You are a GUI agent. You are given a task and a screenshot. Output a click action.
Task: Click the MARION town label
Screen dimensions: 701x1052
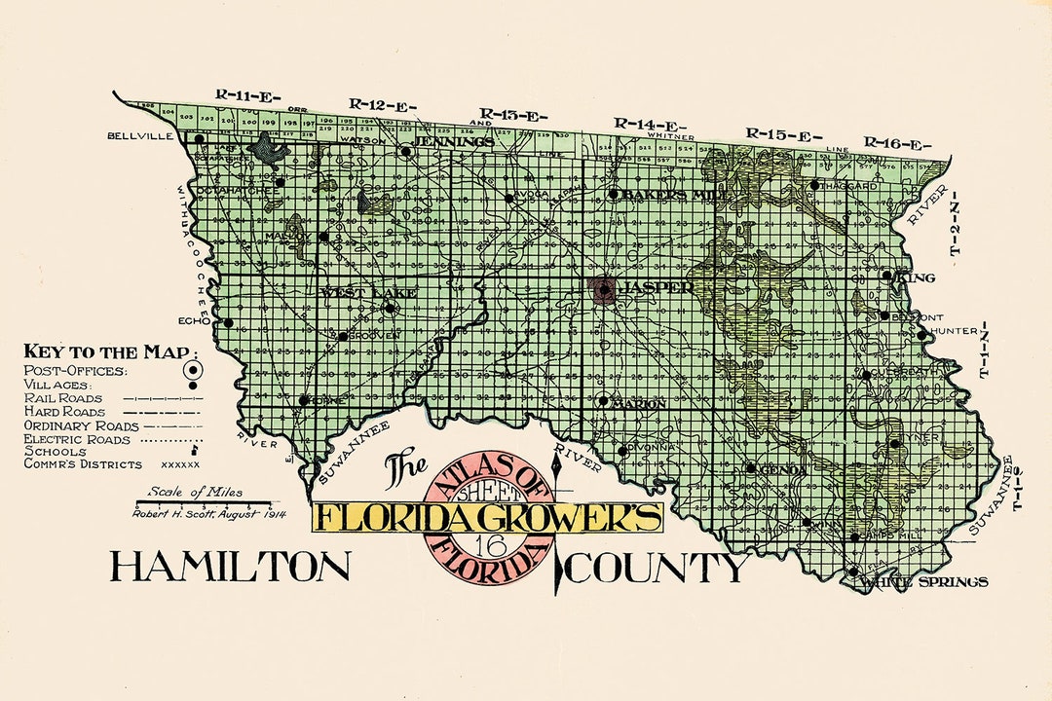click(x=641, y=403)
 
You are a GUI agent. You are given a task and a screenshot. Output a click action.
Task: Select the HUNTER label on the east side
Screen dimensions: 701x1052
click(x=953, y=331)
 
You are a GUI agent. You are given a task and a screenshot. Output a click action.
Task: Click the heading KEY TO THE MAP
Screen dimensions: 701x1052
click(x=109, y=352)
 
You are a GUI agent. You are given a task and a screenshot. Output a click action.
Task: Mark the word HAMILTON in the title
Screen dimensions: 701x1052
click(x=229, y=566)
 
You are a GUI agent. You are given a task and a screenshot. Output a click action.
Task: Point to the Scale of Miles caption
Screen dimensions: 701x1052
click(x=195, y=492)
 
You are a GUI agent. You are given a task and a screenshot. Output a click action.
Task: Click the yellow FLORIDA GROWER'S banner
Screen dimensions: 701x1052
click(x=487, y=516)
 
